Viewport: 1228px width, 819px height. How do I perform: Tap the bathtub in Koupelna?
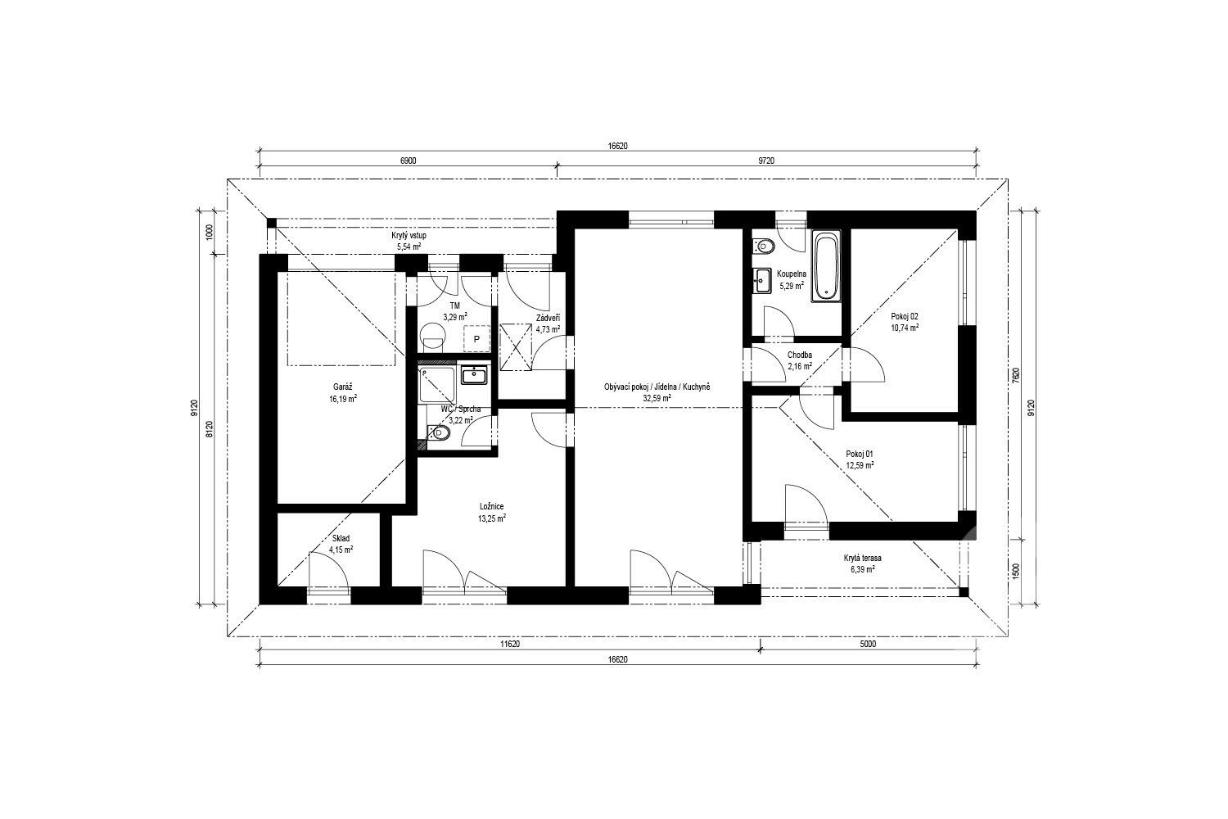(x=825, y=266)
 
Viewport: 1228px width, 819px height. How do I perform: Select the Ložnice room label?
(x=491, y=506)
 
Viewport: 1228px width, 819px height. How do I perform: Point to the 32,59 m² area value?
(x=657, y=399)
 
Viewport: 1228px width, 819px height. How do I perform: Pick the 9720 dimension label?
(x=765, y=161)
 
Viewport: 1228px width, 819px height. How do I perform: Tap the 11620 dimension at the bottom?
(x=510, y=644)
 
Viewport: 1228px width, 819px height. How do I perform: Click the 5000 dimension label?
(x=868, y=644)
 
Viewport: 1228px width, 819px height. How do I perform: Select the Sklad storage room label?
(x=341, y=538)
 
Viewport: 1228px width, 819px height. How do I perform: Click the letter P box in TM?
(x=476, y=339)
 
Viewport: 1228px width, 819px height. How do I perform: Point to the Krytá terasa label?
(x=862, y=558)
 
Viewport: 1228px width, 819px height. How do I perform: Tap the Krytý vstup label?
(x=409, y=235)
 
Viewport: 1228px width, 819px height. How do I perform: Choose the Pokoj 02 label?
(x=905, y=316)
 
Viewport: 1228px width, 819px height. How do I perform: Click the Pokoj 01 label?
(x=859, y=454)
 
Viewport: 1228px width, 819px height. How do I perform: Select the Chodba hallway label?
(x=799, y=355)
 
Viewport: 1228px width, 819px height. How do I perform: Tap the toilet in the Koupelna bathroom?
(x=763, y=246)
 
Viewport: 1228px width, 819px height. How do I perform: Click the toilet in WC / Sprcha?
(x=439, y=433)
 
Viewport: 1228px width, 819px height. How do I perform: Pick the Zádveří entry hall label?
(x=548, y=318)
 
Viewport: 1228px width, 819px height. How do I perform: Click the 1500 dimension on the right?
(x=1015, y=571)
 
